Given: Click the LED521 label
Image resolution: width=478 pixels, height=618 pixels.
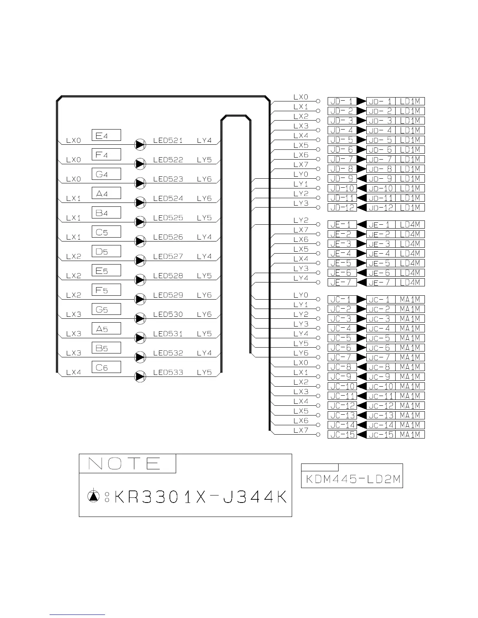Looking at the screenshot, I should click(168, 140).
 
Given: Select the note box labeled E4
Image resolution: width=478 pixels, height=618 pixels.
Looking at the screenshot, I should click(106, 135).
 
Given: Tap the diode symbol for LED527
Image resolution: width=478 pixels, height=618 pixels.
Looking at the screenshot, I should click(140, 261).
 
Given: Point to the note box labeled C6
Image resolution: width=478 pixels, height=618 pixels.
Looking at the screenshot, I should click(106, 367).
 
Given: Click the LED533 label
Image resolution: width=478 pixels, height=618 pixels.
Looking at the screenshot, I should click(168, 373).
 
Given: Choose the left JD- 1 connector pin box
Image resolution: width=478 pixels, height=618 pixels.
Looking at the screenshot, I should click(342, 101).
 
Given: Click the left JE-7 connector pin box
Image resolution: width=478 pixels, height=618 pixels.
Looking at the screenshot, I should click(342, 282).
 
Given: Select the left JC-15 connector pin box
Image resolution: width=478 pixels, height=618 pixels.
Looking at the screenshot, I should click(342, 435).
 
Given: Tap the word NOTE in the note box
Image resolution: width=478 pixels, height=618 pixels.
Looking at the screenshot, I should click(125, 464).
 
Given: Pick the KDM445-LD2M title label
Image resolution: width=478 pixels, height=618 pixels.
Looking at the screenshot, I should click(352, 479).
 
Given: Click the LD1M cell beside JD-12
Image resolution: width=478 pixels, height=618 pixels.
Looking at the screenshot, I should click(410, 208).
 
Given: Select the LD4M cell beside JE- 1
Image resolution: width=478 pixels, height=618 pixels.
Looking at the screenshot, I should click(410, 224).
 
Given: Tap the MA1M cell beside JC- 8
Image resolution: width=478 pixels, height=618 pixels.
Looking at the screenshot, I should click(410, 367).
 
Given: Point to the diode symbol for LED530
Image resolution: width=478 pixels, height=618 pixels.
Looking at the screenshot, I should click(140, 319).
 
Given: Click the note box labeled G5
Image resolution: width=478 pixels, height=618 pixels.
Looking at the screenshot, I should click(106, 309).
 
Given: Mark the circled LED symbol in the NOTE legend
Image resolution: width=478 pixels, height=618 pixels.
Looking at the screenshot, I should click(93, 496).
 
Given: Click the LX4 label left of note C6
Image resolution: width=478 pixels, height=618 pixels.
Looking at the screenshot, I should click(73, 373).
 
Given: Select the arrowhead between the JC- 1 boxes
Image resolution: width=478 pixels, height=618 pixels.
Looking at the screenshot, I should click(361, 300).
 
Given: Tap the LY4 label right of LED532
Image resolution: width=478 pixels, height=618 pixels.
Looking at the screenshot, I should click(204, 353).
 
